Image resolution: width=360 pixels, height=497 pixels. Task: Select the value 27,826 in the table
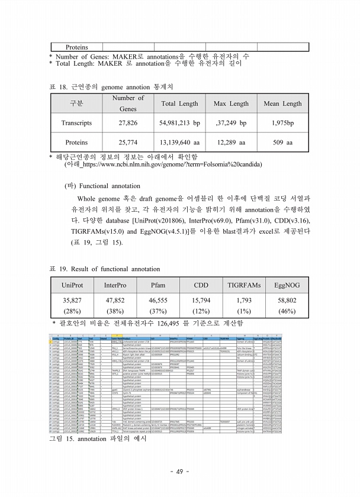click(128, 123)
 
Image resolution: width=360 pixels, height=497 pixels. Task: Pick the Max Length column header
click(231, 104)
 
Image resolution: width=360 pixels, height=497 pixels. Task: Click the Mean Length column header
click(282, 104)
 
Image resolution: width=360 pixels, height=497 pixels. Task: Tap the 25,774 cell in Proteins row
click(128, 143)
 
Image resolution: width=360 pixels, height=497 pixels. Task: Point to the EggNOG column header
click(287, 285)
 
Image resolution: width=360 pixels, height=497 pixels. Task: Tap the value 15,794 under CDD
click(201, 301)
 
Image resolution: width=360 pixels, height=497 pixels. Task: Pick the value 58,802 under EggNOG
click(287, 301)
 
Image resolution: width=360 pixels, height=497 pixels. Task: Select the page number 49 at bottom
click(179, 472)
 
